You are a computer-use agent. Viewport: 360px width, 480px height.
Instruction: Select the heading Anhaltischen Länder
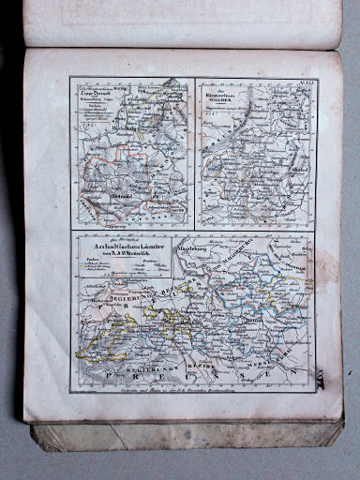click(x=118, y=247)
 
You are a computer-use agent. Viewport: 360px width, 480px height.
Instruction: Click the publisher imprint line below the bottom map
click(x=192, y=398)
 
